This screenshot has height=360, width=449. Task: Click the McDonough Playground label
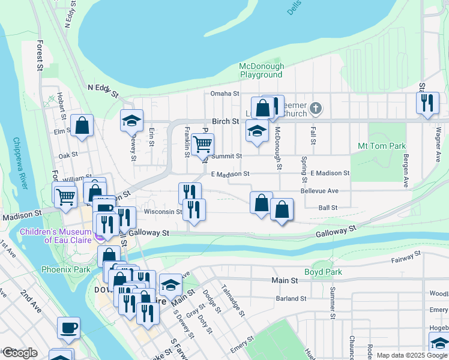click(x=261, y=70)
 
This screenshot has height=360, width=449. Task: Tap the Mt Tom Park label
click(x=382, y=146)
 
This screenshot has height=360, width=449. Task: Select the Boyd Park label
click(x=323, y=272)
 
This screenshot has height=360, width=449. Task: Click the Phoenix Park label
click(x=65, y=269)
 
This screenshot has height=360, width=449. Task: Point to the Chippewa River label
click(x=20, y=163)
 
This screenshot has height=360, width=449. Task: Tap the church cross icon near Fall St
click(x=316, y=109)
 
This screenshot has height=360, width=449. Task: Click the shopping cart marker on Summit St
click(x=203, y=144)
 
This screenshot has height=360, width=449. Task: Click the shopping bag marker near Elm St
click(x=82, y=125)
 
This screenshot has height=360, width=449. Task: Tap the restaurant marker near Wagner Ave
click(x=427, y=103)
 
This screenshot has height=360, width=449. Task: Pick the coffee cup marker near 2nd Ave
click(x=68, y=328)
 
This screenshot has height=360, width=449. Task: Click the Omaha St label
click(x=224, y=94)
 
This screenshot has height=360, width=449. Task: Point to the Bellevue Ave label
click(x=320, y=191)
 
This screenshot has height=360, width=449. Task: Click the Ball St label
click(x=328, y=208)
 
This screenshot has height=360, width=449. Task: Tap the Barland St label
click(x=291, y=298)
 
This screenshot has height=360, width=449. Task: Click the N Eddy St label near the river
click(x=103, y=90)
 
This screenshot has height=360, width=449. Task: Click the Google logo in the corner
click(x=19, y=353)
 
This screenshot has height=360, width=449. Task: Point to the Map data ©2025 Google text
click(x=412, y=355)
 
